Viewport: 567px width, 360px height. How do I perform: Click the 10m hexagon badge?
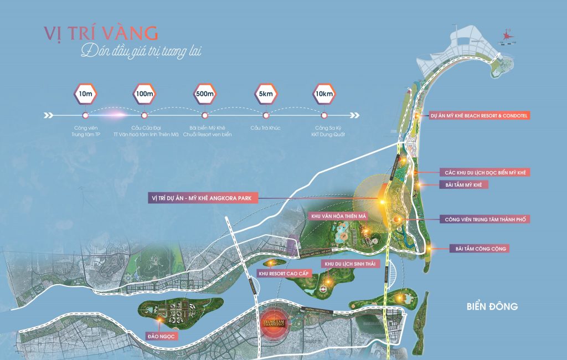(x=85, y=94)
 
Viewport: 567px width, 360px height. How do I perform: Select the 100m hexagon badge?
(x=145, y=94)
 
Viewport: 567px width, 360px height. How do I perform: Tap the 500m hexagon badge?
(x=204, y=94)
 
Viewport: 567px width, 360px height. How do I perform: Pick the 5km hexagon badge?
(x=265, y=94)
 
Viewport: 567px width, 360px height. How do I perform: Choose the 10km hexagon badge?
(x=324, y=94)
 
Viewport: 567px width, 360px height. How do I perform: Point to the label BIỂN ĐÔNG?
(x=492, y=306)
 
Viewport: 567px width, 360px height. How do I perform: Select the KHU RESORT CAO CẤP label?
(x=283, y=273)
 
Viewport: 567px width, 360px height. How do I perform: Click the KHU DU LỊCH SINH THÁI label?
(x=350, y=264)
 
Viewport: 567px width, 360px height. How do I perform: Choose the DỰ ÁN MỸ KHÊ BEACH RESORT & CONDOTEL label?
(x=480, y=116)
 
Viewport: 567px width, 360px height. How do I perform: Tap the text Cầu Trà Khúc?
(x=265, y=128)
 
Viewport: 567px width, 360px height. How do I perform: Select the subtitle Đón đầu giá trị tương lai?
(x=141, y=52)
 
